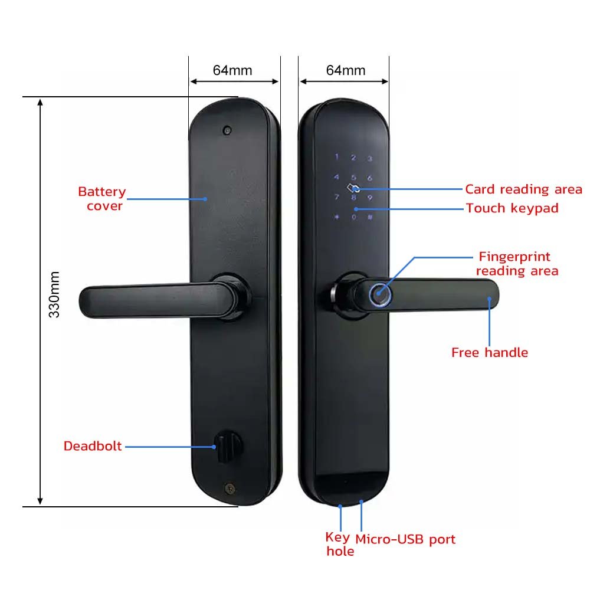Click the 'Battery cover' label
tap(102, 199)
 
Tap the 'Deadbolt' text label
tap(93, 446)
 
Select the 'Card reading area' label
tap(523, 189)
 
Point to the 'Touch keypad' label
tap(512, 208)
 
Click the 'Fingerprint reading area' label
tap(517, 264)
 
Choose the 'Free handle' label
tap(489, 353)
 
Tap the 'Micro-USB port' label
tap(405, 539)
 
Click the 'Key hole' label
tap(340, 545)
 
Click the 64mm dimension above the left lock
tap(232, 71)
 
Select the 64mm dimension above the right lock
tap(346, 71)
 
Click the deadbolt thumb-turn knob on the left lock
tap(224, 447)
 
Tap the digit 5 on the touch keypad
tap(353, 177)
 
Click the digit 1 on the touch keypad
tap(337, 158)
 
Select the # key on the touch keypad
tap(370, 217)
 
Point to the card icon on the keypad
tap(353, 189)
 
